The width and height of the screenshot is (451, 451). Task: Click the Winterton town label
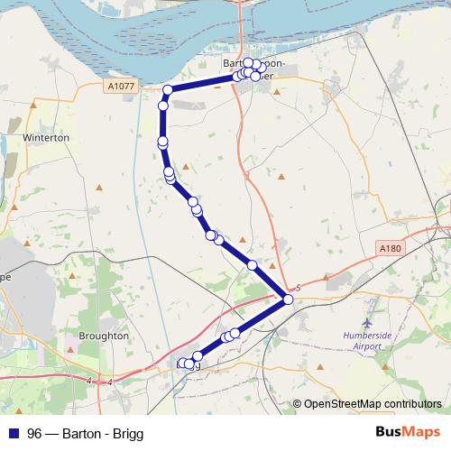pyautogui.click(x=47, y=138)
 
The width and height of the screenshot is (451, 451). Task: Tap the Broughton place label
pyautogui.click(x=104, y=336)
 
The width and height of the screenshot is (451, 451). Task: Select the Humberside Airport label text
pyautogui.click(x=368, y=339)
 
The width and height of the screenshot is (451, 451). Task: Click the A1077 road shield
pyautogui.click(x=120, y=86)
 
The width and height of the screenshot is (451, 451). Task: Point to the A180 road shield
pyautogui.click(x=390, y=246)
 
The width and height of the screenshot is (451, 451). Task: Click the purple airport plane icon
pyautogui.click(x=366, y=321)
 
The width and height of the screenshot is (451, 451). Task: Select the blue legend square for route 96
pyautogui.click(x=13, y=433)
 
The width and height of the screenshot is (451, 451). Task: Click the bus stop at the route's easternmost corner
pyautogui.click(x=288, y=299)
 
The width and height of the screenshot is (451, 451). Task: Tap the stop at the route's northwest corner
pyautogui.click(x=168, y=88)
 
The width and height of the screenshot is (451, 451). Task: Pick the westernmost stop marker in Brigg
pyautogui.click(x=183, y=364)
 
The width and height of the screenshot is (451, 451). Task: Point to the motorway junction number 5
pyautogui.click(x=297, y=286)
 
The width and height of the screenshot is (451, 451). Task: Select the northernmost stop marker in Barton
pyautogui.click(x=249, y=63)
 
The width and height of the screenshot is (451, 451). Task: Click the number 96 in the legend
pyautogui.click(x=34, y=433)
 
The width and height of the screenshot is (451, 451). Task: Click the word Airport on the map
pyautogui.click(x=368, y=345)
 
